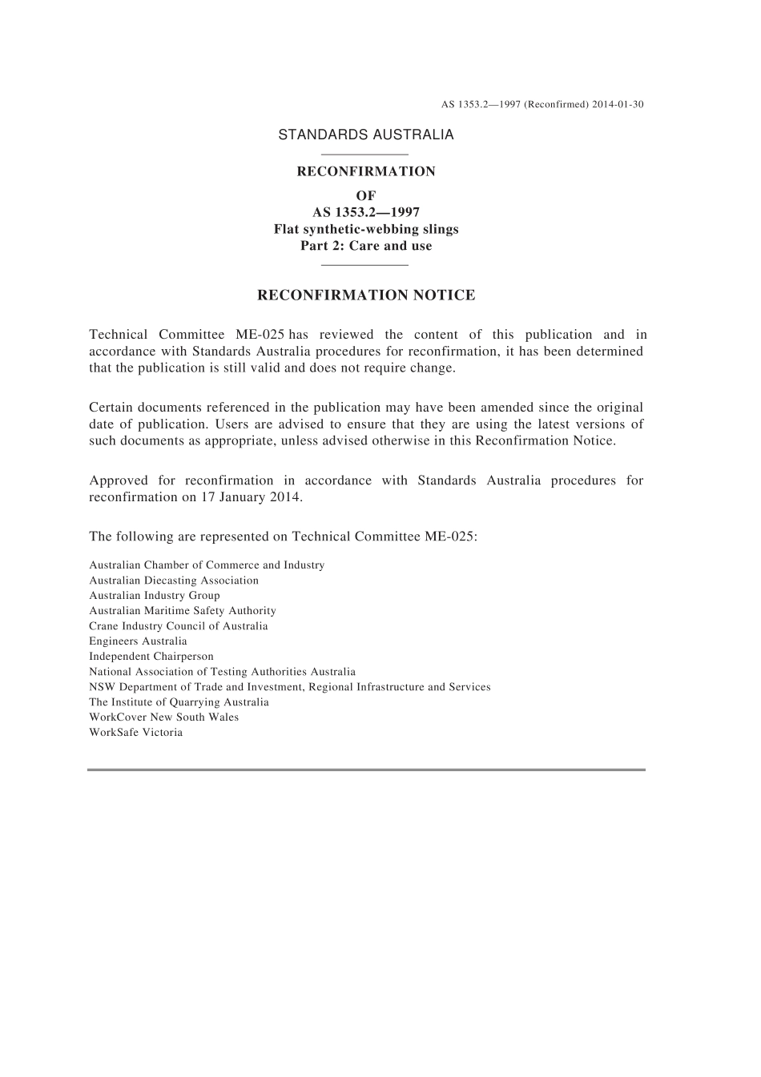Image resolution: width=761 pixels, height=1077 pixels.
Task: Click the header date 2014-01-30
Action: [618, 105]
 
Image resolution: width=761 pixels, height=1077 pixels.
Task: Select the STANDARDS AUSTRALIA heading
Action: [365, 135]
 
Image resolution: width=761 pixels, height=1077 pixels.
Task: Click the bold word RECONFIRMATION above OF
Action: [366, 171]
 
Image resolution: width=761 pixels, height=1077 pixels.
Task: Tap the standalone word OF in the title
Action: [366, 195]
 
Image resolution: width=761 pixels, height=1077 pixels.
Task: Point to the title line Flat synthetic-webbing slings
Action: [366, 229]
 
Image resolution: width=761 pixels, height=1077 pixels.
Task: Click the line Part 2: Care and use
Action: [366, 246]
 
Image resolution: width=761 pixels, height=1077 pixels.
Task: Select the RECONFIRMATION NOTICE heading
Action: [366, 295]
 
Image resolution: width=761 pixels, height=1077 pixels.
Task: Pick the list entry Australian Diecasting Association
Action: [174, 581]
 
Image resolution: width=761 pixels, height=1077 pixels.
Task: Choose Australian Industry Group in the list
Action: [155, 596]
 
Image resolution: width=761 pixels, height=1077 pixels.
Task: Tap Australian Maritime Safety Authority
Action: [183, 611]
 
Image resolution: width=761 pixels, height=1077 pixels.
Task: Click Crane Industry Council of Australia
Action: [179, 626]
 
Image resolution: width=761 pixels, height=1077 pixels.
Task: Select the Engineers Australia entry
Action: [138, 641]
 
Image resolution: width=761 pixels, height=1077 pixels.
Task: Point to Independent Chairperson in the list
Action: [151, 657]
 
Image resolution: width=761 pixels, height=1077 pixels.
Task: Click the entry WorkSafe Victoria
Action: [136, 733]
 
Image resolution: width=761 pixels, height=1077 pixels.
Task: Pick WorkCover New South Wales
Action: [164, 717]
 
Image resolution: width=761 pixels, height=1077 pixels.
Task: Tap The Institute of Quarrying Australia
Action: [179, 702]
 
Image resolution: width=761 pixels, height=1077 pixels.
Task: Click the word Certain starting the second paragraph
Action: [111, 408]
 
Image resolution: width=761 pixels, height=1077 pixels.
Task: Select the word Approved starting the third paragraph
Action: [119, 480]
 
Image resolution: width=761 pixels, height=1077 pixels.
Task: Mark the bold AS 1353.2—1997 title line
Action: [366, 212]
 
